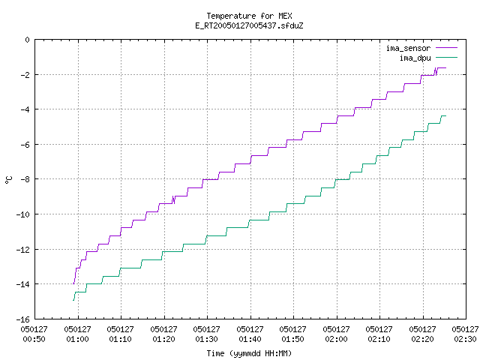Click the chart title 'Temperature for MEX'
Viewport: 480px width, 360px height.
click(249, 16)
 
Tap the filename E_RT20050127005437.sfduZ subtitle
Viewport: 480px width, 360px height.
click(249, 25)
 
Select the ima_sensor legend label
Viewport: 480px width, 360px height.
click(408, 48)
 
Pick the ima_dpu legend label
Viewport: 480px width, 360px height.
click(415, 58)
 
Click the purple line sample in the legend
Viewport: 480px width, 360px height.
click(447, 48)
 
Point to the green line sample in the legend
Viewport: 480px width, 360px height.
click(447, 58)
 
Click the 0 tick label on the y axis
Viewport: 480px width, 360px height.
click(28, 40)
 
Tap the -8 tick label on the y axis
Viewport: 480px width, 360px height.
click(25, 179)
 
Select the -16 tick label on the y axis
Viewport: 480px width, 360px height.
click(23, 319)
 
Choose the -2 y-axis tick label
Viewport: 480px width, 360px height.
click(25, 75)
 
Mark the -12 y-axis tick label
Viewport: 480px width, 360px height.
click(23, 250)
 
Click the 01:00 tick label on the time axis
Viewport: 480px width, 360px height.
click(78, 339)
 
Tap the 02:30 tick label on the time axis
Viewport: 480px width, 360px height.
click(465, 339)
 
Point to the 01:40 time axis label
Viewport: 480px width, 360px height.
click(250, 339)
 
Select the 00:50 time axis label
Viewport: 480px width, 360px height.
click(34, 339)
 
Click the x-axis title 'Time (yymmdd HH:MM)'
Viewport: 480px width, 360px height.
click(249, 353)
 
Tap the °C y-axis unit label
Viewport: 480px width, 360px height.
click(8, 180)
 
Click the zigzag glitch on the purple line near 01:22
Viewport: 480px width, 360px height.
click(173, 199)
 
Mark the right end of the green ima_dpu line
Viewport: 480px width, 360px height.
click(445, 115)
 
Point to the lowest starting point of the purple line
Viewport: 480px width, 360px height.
click(73, 283)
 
